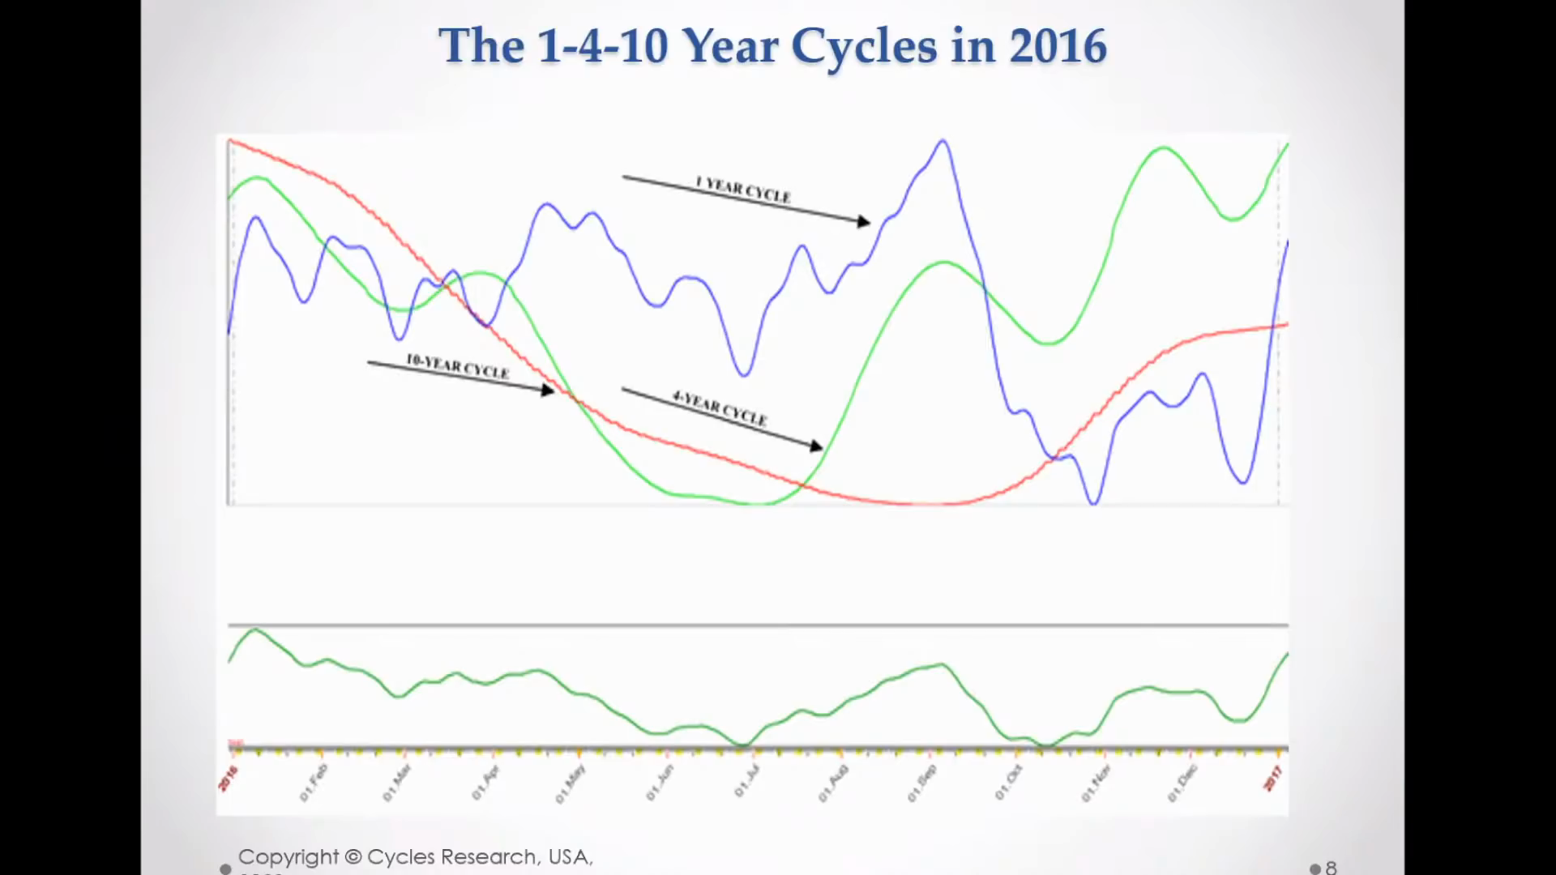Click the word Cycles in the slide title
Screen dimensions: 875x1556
pos(864,46)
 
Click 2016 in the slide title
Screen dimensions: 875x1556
pos(1058,46)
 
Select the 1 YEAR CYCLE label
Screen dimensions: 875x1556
pos(742,190)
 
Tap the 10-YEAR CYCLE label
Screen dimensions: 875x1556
pos(457,366)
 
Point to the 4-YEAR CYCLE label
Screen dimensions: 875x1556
pos(719,408)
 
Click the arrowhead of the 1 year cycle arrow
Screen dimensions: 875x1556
pos(864,221)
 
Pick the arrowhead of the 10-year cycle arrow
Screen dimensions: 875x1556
pos(549,391)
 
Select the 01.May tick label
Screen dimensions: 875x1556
pos(570,784)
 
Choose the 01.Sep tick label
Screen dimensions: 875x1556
pos(921,783)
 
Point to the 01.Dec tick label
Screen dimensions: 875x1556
pos(1182,783)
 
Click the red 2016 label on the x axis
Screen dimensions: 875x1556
pos(229,779)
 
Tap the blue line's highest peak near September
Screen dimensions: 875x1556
pos(943,141)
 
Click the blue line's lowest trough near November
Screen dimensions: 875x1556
pos(1094,503)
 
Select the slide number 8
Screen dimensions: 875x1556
pos(1331,868)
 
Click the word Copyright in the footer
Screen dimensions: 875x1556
pos(289,857)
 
